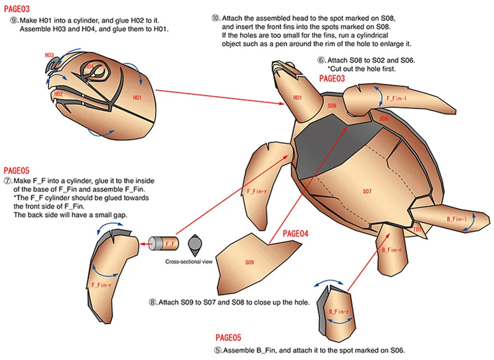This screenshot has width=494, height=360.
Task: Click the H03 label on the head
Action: pyautogui.click(x=49, y=55)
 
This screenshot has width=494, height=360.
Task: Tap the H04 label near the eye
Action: pyautogui.click(x=89, y=67)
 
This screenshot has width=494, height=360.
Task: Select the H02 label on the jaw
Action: pyautogui.click(x=58, y=94)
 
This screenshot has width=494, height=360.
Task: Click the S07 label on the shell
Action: pyautogui.click(x=367, y=191)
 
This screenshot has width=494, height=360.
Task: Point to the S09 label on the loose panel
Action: pyautogui.click(x=249, y=262)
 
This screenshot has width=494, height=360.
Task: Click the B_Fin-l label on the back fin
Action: pyautogui.click(x=456, y=219)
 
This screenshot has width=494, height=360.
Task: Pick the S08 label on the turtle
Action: pyautogui.click(x=332, y=105)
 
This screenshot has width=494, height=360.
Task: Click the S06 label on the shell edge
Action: pyautogui.click(x=384, y=119)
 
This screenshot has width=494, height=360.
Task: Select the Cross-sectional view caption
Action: pyautogui.click(x=188, y=262)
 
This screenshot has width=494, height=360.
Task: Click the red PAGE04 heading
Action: pyautogui.click(x=296, y=233)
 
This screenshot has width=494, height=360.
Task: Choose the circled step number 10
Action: pyautogui.click(x=216, y=17)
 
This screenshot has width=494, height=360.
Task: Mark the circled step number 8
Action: pyautogui.click(x=152, y=302)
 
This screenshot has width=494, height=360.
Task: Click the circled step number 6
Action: pyautogui.click(x=321, y=60)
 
